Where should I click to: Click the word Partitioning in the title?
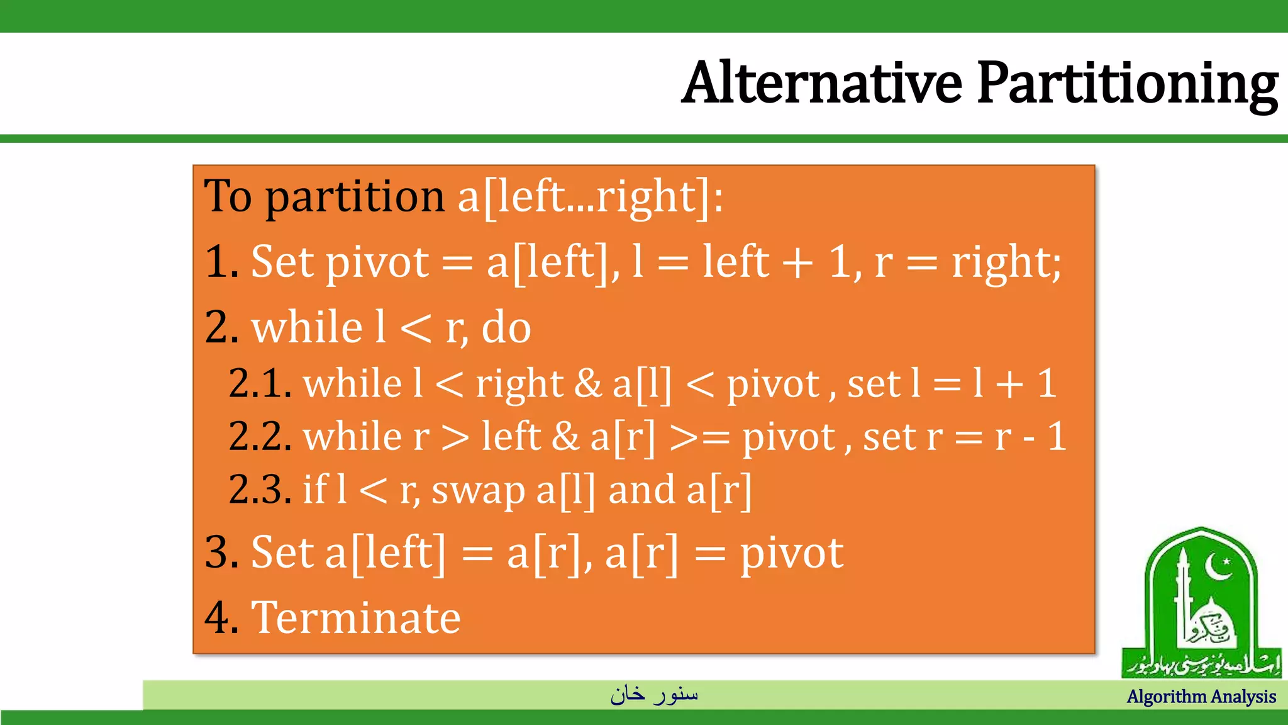[1126, 84]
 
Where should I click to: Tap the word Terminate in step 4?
[356, 617]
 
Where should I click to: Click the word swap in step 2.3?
[478, 492]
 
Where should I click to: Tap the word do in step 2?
[506, 327]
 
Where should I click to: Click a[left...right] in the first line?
[591, 197]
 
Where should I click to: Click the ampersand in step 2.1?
[588, 383]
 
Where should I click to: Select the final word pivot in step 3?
[791, 554]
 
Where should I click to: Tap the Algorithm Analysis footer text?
[1201, 697]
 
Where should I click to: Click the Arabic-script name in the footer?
[654, 694]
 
